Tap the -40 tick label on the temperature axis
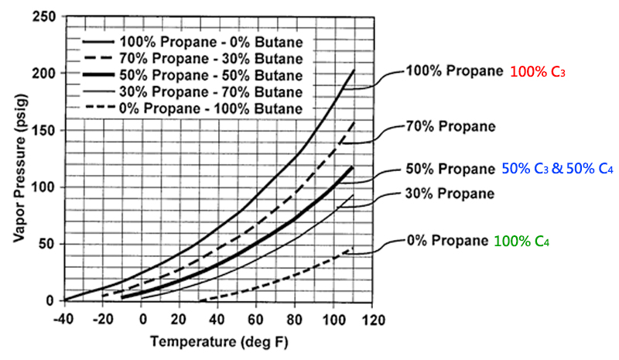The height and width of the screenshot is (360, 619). tap(65, 319)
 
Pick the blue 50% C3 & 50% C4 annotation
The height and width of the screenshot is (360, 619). tap(557, 169)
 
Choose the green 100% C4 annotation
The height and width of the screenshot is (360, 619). tap(520, 242)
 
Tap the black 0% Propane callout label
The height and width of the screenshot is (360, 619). tap(446, 242)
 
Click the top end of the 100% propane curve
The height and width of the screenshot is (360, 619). tap(353, 70)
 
